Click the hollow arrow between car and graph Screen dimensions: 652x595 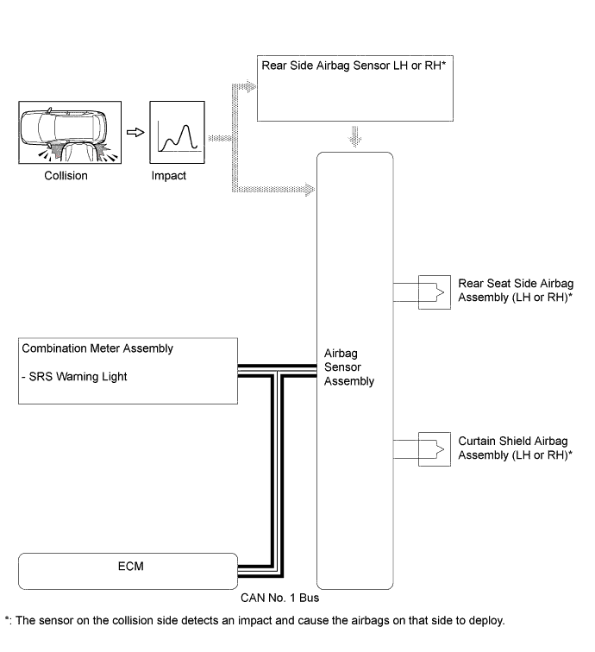134,133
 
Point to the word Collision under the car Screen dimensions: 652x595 65,175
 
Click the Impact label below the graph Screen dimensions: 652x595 169,175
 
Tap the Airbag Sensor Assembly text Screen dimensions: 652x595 349,367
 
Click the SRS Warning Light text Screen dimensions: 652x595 83,377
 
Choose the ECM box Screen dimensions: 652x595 127,568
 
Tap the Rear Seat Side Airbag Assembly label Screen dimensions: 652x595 517,291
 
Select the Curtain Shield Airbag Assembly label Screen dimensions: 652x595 517,447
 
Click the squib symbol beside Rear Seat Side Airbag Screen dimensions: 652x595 434,292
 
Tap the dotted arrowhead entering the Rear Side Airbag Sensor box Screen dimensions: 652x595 249,86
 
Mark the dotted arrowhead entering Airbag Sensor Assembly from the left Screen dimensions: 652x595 309,189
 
